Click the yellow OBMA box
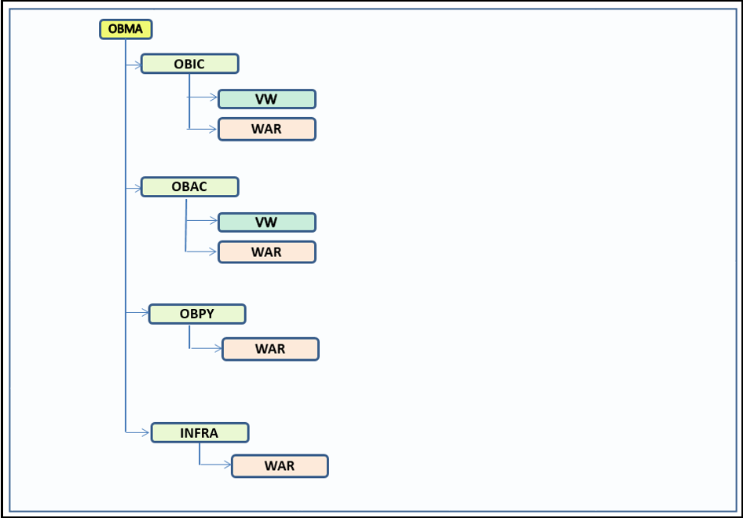[x=126, y=29]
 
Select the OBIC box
[x=189, y=64]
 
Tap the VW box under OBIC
[x=266, y=99]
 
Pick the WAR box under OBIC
[x=266, y=129]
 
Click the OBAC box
[x=189, y=187]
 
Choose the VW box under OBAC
[x=266, y=222]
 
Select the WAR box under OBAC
[x=266, y=252]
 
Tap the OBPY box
[x=197, y=314]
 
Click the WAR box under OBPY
[x=270, y=349]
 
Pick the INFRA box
[x=199, y=432]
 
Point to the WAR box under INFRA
[x=280, y=465]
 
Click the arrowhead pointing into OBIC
[x=137, y=64]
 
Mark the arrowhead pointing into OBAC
[x=137, y=188]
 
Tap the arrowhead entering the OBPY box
[x=145, y=313]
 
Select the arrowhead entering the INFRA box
[x=147, y=432]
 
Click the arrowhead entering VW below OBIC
[x=214, y=98]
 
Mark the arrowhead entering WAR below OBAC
[x=214, y=252]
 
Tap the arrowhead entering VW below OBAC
[x=214, y=221]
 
